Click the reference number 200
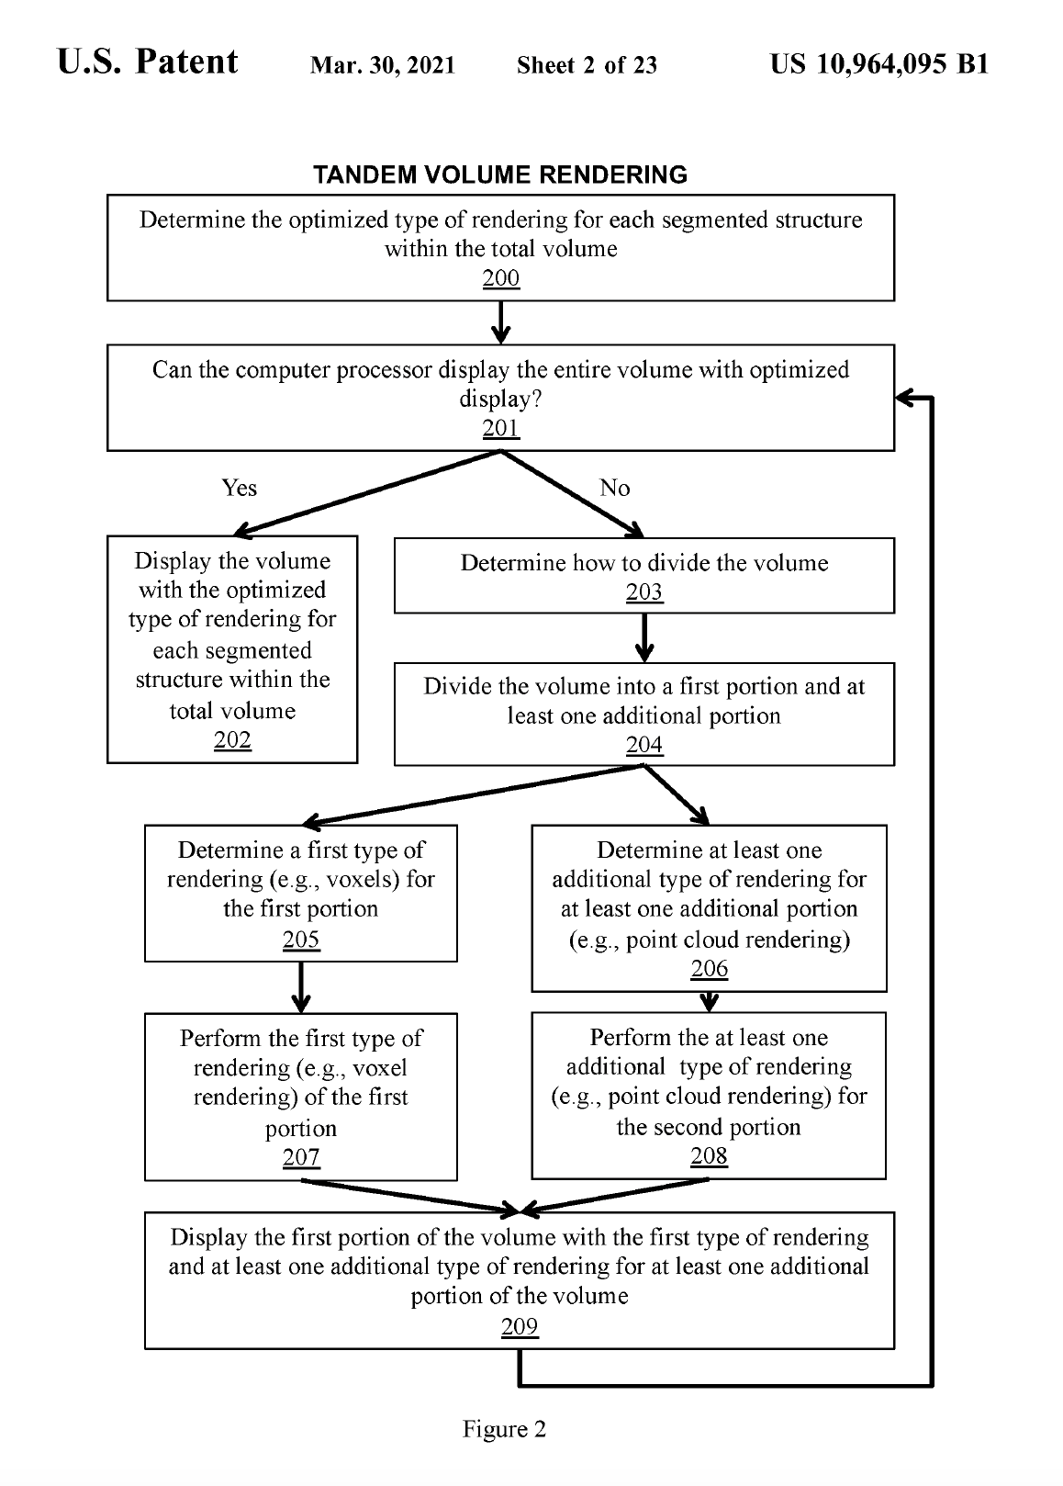(500, 278)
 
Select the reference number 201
(500, 428)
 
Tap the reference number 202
(232, 739)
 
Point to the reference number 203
(643, 591)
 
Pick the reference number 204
(643, 744)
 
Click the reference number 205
(301, 940)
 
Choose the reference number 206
(709, 969)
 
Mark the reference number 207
(301, 1157)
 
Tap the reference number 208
(709, 1155)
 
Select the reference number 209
(520, 1326)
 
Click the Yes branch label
(239, 488)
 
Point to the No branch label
(614, 488)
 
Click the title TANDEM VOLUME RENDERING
(500, 174)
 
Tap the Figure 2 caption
(504, 1428)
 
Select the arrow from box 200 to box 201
(500, 322)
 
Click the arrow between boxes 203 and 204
(643, 637)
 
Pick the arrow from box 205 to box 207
(301, 987)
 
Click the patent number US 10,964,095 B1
(879, 63)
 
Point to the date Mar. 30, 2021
(383, 65)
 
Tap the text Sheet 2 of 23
(587, 65)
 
